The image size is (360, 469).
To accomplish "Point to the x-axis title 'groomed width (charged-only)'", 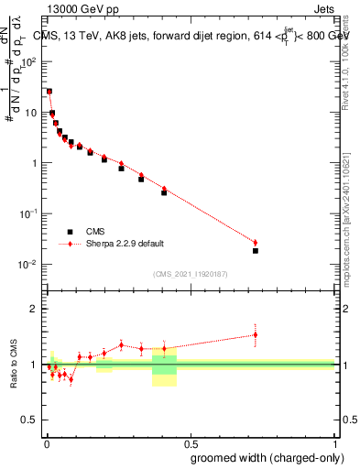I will point(261,456).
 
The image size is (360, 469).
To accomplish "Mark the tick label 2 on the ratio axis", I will point(34,309).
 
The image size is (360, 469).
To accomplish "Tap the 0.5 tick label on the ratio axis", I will point(30,420).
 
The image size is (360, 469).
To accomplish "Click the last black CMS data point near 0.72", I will point(256,250).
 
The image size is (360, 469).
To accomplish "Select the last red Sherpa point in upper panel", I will point(256,243).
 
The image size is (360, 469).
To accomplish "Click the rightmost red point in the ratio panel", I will point(256,334).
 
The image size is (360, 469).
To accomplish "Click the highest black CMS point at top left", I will point(49,92).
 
